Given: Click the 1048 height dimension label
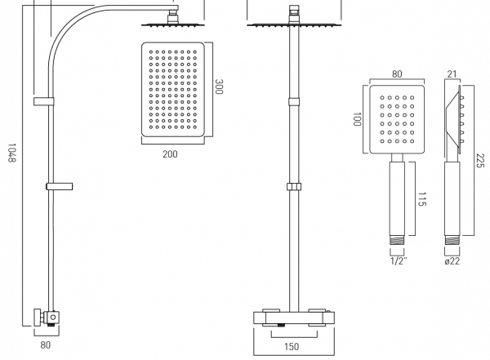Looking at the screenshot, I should click(11, 153).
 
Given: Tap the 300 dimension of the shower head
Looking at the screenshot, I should click(218, 87).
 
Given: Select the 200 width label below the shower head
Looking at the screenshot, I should click(170, 153).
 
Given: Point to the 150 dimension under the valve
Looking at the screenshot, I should click(292, 346).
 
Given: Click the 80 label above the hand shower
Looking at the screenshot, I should click(397, 73).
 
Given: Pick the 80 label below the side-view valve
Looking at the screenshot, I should click(45, 344).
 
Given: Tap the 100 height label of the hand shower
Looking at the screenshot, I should click(355, 118).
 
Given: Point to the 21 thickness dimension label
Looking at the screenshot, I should click(452, 73).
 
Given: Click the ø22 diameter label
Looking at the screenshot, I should click(452, 261).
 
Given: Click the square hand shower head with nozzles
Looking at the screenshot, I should click(396, 118).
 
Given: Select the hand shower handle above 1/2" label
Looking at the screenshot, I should click(398, 196).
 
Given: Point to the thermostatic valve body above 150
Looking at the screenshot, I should click(292, 317).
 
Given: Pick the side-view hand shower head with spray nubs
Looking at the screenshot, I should click(453, 118).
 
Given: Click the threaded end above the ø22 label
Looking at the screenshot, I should click(452, 242).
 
